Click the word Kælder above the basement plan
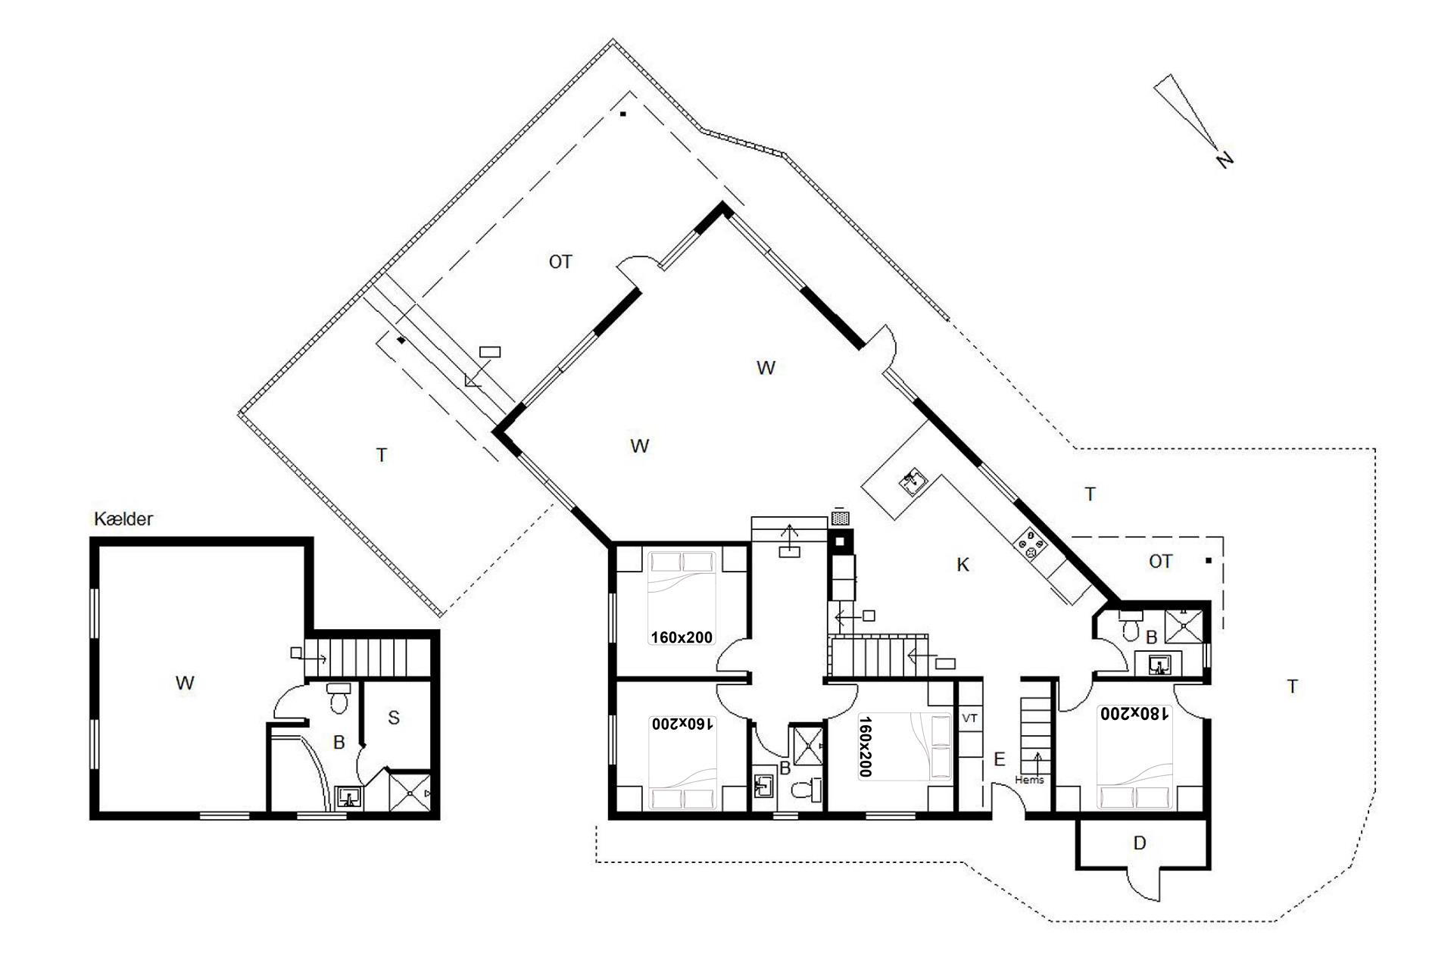123,519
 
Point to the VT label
969,717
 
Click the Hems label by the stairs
1029,780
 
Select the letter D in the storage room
1139,843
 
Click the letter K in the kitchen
963,565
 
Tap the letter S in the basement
394,718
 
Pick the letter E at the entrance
1000,759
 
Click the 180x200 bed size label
1135,712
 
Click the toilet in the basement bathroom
339,697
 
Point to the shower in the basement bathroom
411,792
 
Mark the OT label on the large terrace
560,262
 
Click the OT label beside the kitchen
1160,562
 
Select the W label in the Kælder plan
185,683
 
